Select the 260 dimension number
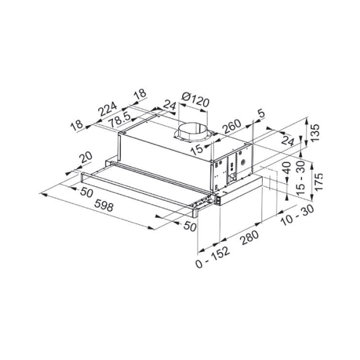point(231,126)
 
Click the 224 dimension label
point(108,109)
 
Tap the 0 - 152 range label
point(213,257)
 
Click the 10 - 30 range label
point(297,215)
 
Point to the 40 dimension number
point(287,168)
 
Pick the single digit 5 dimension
point(261,114)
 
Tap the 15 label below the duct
point(197,149)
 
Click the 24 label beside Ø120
point(169,105)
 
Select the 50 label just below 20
point(86,193)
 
